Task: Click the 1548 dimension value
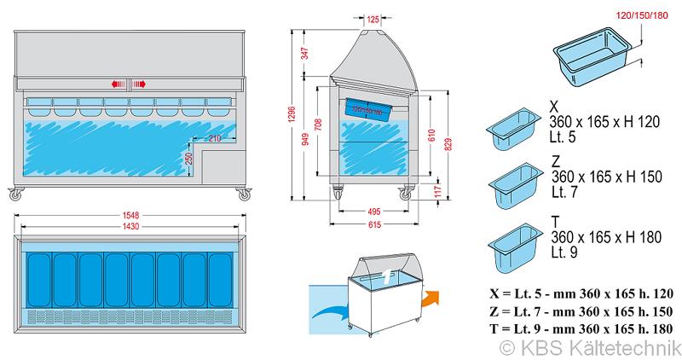point(129,216)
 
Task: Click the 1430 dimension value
point(129,227)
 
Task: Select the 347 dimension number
point(304,54)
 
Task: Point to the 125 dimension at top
point(373,18)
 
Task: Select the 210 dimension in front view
point(214,137)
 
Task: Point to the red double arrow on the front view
point(129,84)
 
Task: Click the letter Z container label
point(556,161)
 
